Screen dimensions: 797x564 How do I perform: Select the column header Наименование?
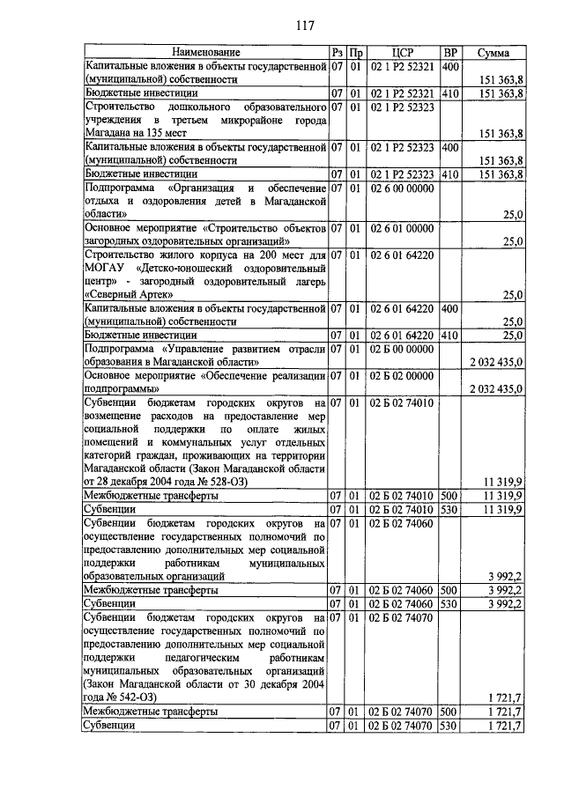205,53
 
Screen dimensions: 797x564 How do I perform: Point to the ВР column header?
449,53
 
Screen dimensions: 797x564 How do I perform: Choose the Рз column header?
337,53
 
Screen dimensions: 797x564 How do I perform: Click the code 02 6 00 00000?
403,188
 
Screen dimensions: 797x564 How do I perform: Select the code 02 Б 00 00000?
403,349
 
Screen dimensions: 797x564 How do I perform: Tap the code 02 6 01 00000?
403,228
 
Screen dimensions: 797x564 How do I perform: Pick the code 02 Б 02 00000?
403,375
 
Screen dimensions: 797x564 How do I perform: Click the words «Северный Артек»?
127,294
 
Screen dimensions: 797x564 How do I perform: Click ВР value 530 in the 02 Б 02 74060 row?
449,604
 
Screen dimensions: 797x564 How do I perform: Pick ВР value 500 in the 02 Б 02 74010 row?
449,496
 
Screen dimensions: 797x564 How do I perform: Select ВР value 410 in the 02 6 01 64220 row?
449,335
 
